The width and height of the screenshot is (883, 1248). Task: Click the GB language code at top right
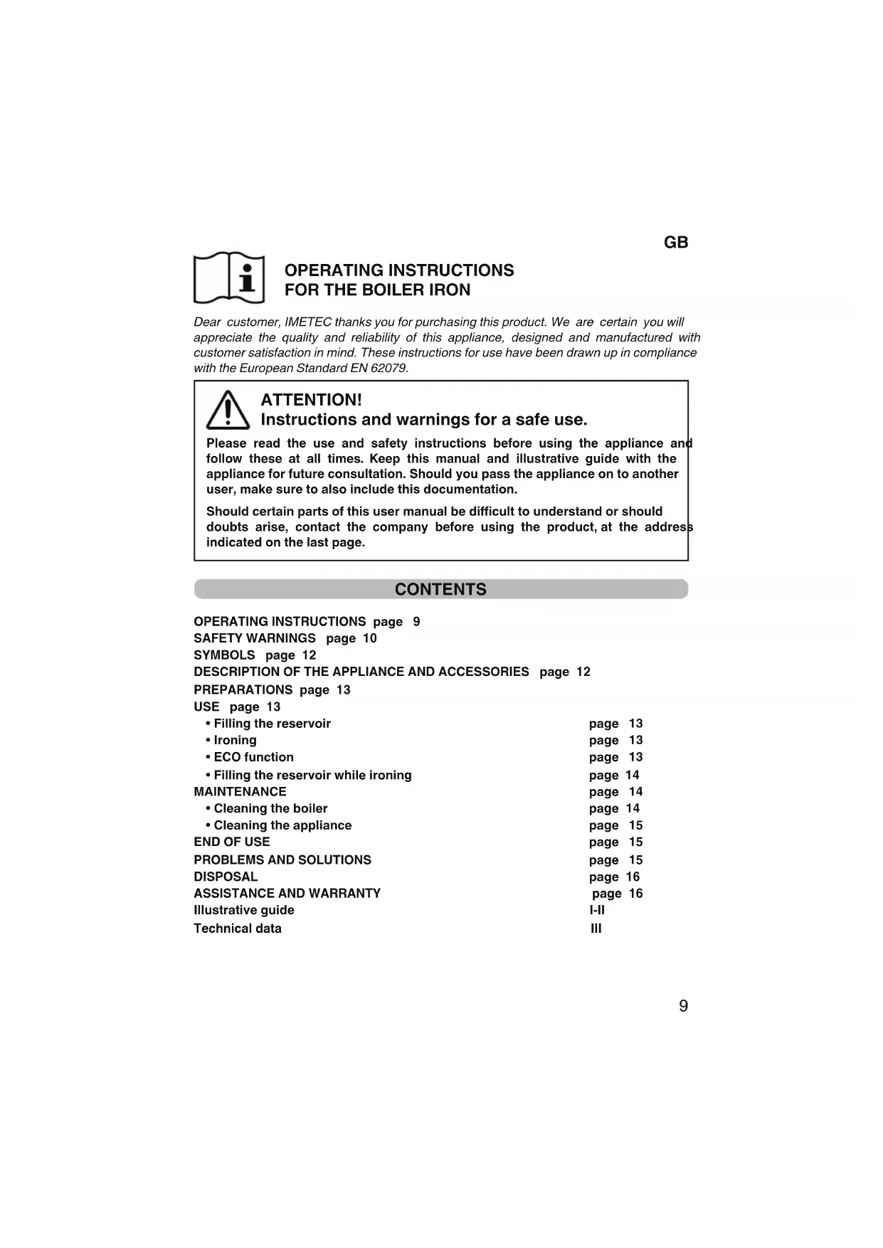click(675, 243)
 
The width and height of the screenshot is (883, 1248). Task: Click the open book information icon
click(229, 277)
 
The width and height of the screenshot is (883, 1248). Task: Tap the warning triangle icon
click(228, 411)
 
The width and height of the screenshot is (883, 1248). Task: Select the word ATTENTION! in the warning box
click(311, 400)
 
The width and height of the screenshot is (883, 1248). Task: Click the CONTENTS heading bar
click(440, 589)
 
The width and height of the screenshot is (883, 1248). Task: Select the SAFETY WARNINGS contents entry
click(255, 638)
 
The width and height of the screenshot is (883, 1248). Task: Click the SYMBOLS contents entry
click(224, 655)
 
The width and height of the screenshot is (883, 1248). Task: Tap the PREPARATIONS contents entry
click(243, 689)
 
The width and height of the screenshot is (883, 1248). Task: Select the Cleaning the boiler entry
click(270, 808)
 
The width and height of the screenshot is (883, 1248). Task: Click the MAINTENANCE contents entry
click(240, 791)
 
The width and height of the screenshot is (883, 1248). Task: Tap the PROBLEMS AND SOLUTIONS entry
click(282, 860)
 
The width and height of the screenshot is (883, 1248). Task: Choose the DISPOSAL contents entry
click(226, 877)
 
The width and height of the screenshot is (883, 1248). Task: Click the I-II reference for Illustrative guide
click(597, 910)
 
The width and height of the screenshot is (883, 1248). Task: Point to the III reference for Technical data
click(596, 929)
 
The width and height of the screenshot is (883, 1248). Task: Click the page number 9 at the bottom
click(683, 1006)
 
